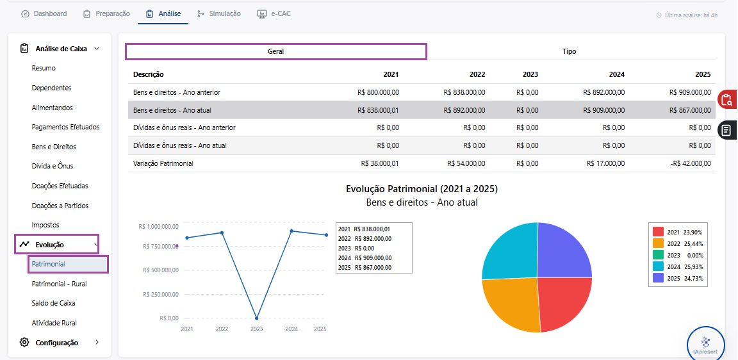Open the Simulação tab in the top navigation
coord(219,13)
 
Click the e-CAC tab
coord(274,13)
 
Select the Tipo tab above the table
coord(569,51)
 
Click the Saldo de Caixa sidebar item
coord(53,303)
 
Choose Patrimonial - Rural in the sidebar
coord(59,284)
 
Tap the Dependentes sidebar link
coord(51,88)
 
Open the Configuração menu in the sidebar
coord(56,343)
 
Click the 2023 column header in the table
coord(530,74)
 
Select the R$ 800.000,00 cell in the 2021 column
coord(378,92)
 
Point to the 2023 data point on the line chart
coord(256,318)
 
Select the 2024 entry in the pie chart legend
coord(678,267)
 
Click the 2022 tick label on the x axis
coord(222,329)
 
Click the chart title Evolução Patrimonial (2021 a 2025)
coord(422,189)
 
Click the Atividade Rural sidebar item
coord(54,323)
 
